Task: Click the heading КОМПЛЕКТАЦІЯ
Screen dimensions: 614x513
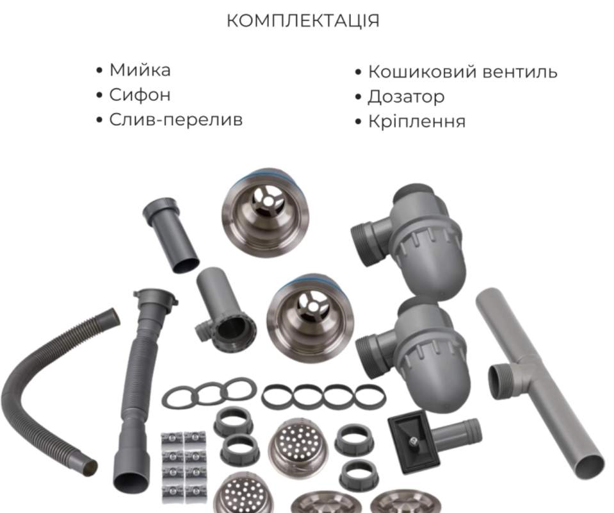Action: point(303,21)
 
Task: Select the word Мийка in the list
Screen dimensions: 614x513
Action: point(140,70)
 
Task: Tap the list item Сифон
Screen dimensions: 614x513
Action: point(140,95)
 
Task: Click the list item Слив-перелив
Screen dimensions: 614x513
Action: point(176,120)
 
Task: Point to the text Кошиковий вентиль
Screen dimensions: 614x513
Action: point(462,72)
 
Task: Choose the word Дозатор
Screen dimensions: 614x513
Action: point(406,97)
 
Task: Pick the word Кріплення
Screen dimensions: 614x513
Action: point(417,121)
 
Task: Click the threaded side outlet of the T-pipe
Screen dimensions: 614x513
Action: point(499,381)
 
